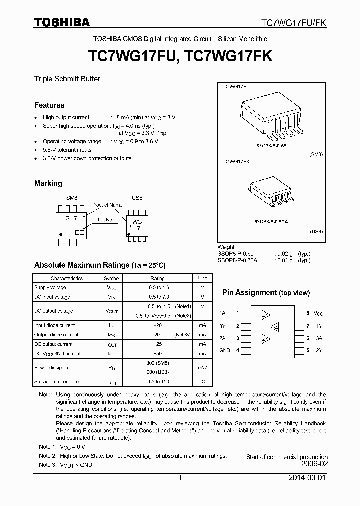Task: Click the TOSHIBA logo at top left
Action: (62, 22)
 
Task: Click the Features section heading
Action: (49, 105)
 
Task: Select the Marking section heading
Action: (48, 183)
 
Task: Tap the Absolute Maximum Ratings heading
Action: (99, 265)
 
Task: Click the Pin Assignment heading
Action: (266, 293)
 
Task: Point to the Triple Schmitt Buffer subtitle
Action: (67, 79)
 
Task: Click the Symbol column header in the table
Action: (111, 278)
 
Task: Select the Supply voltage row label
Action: (50, 287)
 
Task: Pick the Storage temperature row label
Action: (56, 381)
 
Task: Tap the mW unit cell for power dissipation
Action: (202, 368)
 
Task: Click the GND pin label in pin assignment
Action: (224, 350)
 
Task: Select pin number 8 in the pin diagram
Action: (308, 313)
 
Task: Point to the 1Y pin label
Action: (318, 326)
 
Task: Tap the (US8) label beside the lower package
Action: (316, 231)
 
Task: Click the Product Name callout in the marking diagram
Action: (107, 205)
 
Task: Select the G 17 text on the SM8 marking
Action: (71, 218)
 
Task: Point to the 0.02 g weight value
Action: (282, 253)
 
